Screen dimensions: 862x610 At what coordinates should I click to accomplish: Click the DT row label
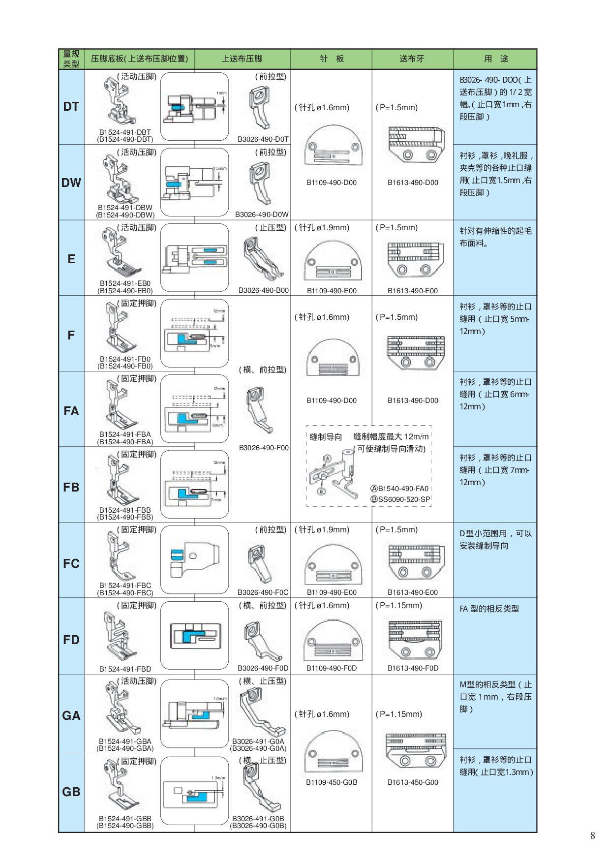71,107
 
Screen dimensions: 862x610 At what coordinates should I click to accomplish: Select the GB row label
71,792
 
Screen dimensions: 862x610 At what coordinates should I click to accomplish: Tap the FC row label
71,563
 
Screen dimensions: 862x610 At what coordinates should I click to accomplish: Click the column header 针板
332,59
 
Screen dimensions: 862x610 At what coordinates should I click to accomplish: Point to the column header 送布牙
412,59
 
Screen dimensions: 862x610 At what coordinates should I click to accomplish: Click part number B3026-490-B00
264,290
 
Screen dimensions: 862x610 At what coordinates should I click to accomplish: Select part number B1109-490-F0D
332,668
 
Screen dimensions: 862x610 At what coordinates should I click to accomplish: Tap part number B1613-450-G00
413,782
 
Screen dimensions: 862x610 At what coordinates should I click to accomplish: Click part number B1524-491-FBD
125,669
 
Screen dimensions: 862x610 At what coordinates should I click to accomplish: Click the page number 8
593,835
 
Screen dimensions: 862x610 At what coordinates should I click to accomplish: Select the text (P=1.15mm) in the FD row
399,606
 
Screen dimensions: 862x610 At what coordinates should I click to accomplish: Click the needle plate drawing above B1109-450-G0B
333,752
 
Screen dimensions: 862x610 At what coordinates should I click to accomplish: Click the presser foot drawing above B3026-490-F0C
259,563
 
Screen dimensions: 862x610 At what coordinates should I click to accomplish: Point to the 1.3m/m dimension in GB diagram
218,778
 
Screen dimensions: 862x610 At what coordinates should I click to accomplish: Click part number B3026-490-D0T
263,139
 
